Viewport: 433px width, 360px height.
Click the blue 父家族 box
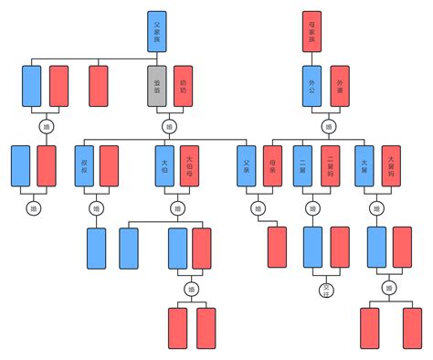pyautogui.click(x=157, y=31)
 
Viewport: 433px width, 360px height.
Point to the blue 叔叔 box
pyautogui.click(x=84, y=165)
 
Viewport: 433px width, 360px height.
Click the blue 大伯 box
pyautogui.click(x=164, y=165)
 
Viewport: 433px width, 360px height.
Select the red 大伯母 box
pyautogui.click(x=189, y=165)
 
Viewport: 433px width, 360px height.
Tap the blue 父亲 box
pyautogui.click(x=246, y=165)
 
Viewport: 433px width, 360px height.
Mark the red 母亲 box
pyautogui.click(x=271, y=165)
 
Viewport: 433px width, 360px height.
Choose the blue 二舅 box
pyautogui.click(x=303, y=165)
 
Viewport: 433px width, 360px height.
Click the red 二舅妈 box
pyautogui.click(x=329, y=165)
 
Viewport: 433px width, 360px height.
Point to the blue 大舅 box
pyautogui.click(x=364, y=165)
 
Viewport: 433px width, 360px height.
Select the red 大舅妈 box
pyautogui.click(x=391, y=165)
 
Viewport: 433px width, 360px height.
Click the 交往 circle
pyautogui.click(x=326, y=291)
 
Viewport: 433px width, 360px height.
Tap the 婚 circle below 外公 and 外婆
pyautogui.click(x=327, y=126)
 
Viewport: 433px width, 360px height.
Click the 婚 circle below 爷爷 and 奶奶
pyautogui.click(x=168, y=126)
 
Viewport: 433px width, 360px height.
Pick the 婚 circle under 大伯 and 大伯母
pyautogui.click(x=177, y=208)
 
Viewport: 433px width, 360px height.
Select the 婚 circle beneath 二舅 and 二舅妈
pyautogui.click(x=313, y=208)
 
